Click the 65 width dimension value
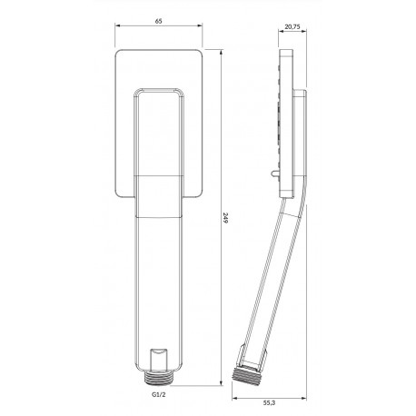tap(159, 21)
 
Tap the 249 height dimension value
tap(224, 218)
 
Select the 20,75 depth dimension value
tap(292, 26)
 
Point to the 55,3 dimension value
tap(269, 403)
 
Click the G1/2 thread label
tap(159, 395)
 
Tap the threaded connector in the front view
tap(159, 378)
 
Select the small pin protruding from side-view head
tap(275, 174)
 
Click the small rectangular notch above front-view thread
tap(159, 360)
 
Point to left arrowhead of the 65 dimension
tap(117, 25)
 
